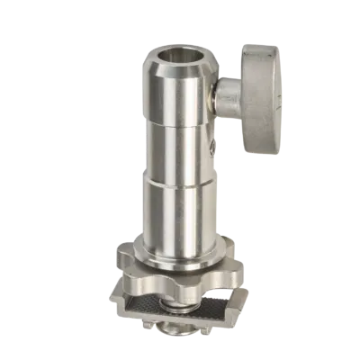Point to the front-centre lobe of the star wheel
(x=181, y=275)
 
